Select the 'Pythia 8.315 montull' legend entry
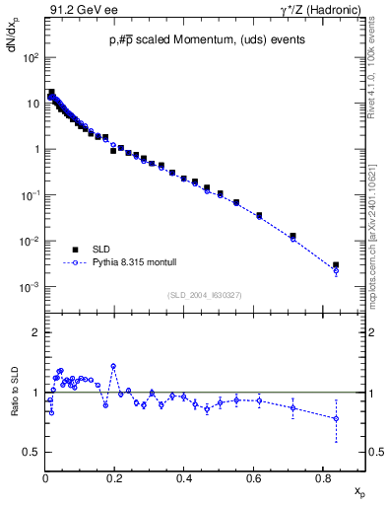[x=129, y=263]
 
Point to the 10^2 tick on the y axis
[x=32, y=57]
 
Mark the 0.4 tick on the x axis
[x=184, y=478]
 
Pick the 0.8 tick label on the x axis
[x=323, y=478]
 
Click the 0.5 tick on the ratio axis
[x=34, y=452]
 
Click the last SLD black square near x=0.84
[x=336, y=265]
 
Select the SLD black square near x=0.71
[x=292, y=236]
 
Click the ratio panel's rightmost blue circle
[x=336, y=418]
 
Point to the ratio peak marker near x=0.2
[x=114, y=366]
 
